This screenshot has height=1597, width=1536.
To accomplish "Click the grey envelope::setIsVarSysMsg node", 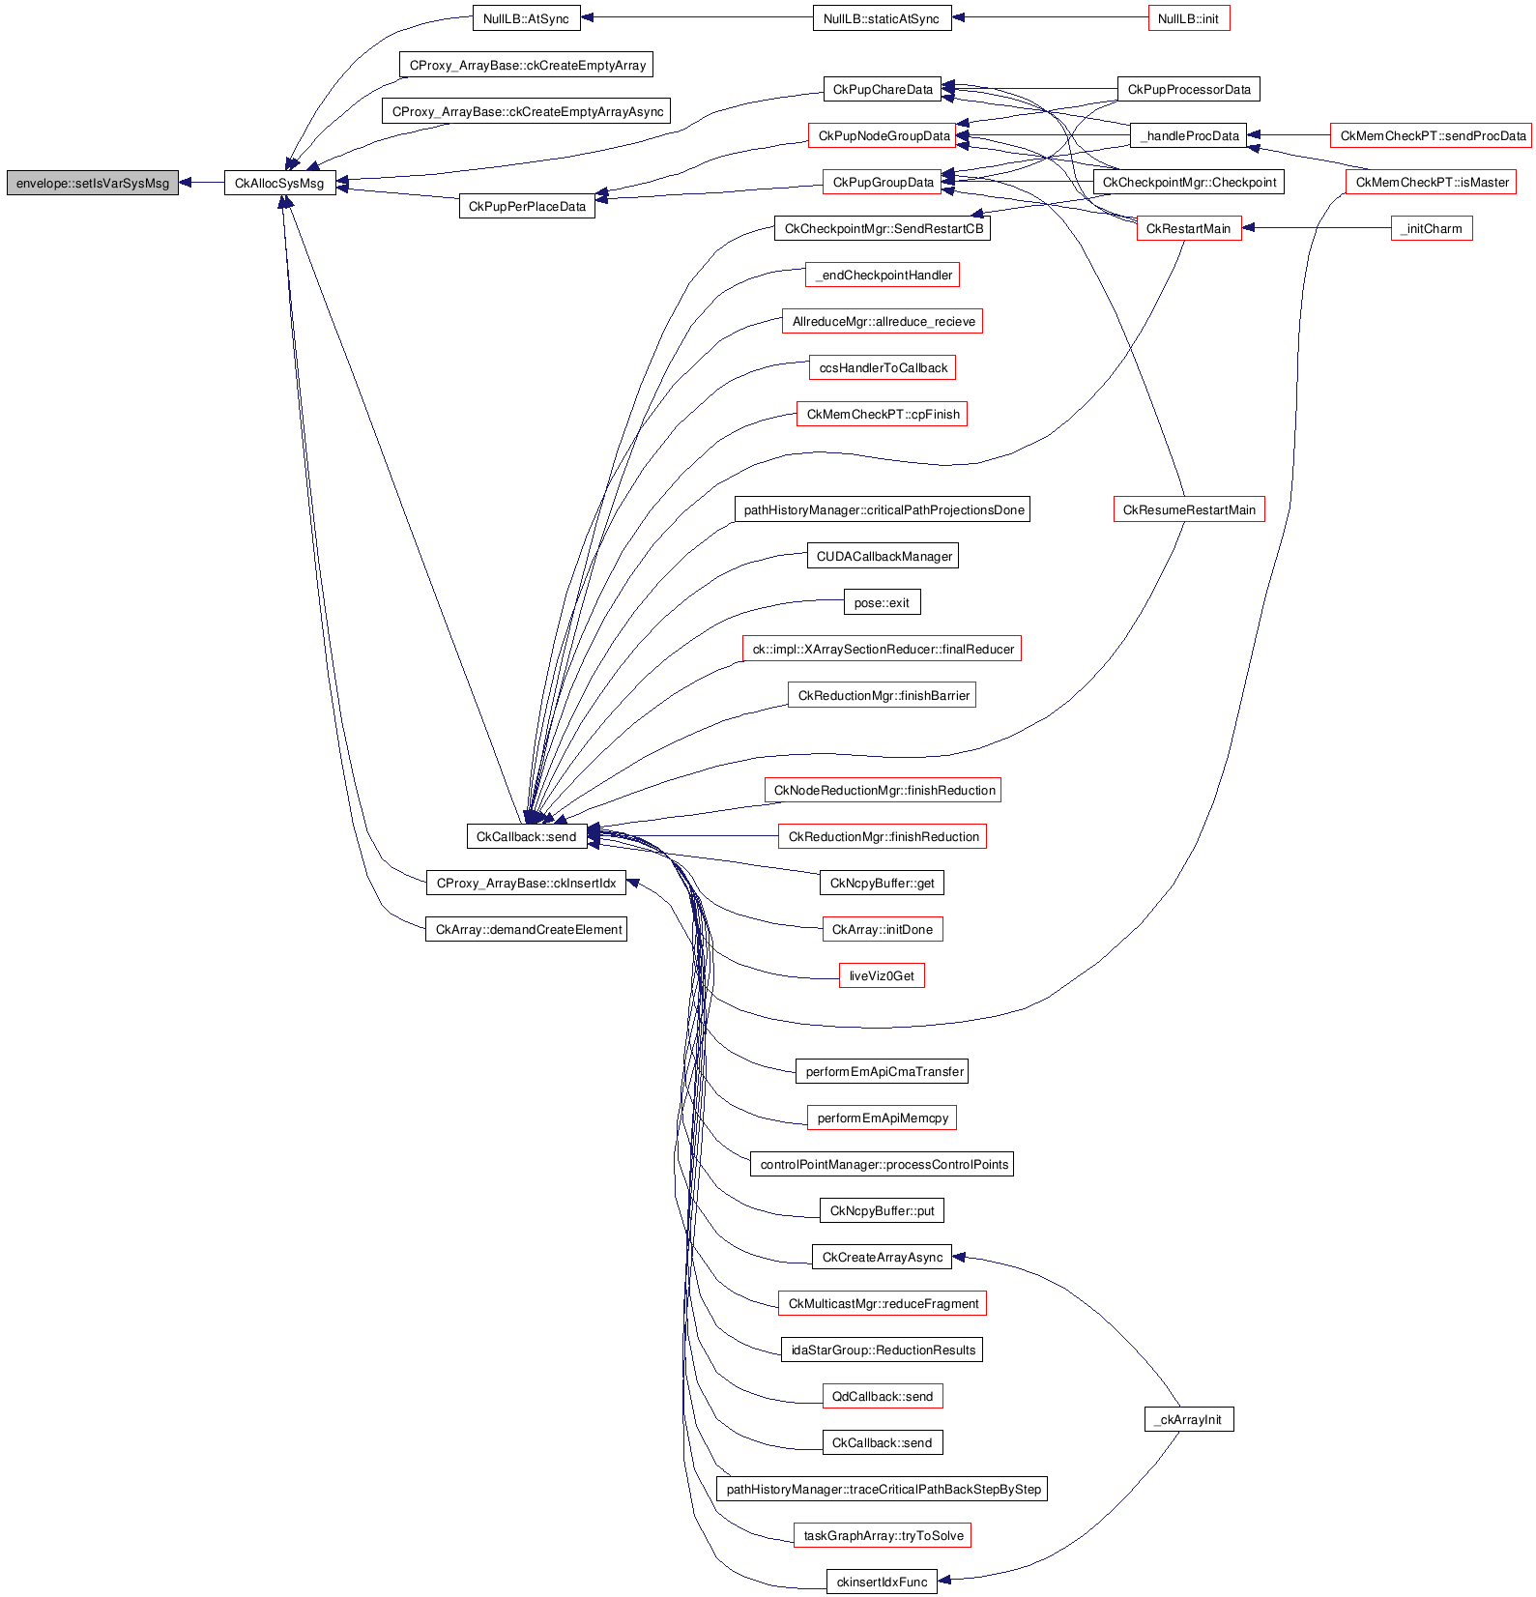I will coord(93,183).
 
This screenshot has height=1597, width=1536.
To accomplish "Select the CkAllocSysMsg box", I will coord(280,183).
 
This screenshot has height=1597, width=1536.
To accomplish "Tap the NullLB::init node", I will coord(1189,18).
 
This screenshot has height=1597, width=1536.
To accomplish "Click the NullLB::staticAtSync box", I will coord(882,18).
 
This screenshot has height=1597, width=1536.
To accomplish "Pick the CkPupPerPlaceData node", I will coord(527,206).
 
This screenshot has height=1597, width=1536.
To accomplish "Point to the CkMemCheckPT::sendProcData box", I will coord(1433,135).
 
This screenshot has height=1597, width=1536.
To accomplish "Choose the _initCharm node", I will coord(1432,228).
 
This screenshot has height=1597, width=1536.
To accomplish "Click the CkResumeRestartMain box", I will coord(1189,509).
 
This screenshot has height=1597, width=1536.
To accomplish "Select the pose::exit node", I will coord(882,602).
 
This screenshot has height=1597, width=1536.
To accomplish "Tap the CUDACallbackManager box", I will coord(883,556).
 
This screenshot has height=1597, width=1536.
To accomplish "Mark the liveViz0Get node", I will coord(882,975).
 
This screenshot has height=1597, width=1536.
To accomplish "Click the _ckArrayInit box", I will coord(1189,1419).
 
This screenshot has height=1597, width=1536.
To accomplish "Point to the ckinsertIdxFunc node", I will coord(882,1582).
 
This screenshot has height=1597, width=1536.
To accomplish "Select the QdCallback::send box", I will coord(882,1396).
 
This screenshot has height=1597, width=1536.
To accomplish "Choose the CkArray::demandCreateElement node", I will coord(526,929).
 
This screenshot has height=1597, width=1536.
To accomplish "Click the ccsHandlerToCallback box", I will coord(883,367).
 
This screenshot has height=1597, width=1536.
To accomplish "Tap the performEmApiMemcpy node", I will coord(882,1118).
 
